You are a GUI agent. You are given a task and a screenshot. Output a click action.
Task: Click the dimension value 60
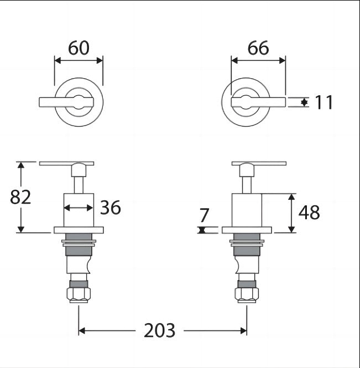pos(79,48)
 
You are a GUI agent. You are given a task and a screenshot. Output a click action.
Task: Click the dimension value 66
pos(258,48)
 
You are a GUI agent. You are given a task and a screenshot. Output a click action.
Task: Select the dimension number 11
pos(324,102)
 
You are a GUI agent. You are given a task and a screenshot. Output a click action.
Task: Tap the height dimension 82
pos(20,196)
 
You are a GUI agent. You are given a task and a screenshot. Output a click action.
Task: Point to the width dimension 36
pos(110,208)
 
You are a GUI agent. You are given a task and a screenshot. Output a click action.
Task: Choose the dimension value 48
pos(309,212)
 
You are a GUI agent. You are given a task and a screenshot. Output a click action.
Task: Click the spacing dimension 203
pos(159,330)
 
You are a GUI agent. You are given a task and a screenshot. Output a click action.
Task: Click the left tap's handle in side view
pos(67,163)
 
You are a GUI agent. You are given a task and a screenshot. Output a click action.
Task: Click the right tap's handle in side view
pos(259,163)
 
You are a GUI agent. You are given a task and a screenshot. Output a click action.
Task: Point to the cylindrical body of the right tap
pos(247,210)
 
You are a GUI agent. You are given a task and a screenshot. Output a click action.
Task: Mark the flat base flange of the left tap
pos(79,230)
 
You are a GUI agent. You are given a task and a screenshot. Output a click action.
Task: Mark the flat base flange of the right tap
pos(247,230)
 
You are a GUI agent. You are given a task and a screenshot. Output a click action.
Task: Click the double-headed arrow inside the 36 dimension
pos(79,208)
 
